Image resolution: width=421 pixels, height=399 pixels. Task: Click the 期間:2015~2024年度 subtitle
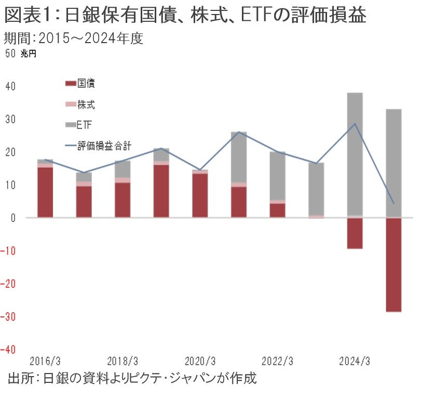pos(73,38)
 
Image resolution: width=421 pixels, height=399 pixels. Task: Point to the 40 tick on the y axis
pos(10,86)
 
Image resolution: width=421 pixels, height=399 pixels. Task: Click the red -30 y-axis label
pos(10,316)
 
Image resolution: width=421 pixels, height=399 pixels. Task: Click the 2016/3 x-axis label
pos(45,361)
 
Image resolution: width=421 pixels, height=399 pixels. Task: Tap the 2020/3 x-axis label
pos(199,361)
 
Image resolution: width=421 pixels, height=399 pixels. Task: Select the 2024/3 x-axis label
pos(354,361)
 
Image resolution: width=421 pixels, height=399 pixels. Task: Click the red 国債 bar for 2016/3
pos(45,192)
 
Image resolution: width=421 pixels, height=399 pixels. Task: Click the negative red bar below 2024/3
pos(355,233)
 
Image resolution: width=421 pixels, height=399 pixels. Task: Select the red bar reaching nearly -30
pos(393,265)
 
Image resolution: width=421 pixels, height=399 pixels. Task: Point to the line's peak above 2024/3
pos(355,124)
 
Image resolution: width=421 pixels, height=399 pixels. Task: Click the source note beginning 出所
pos(132,378)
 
